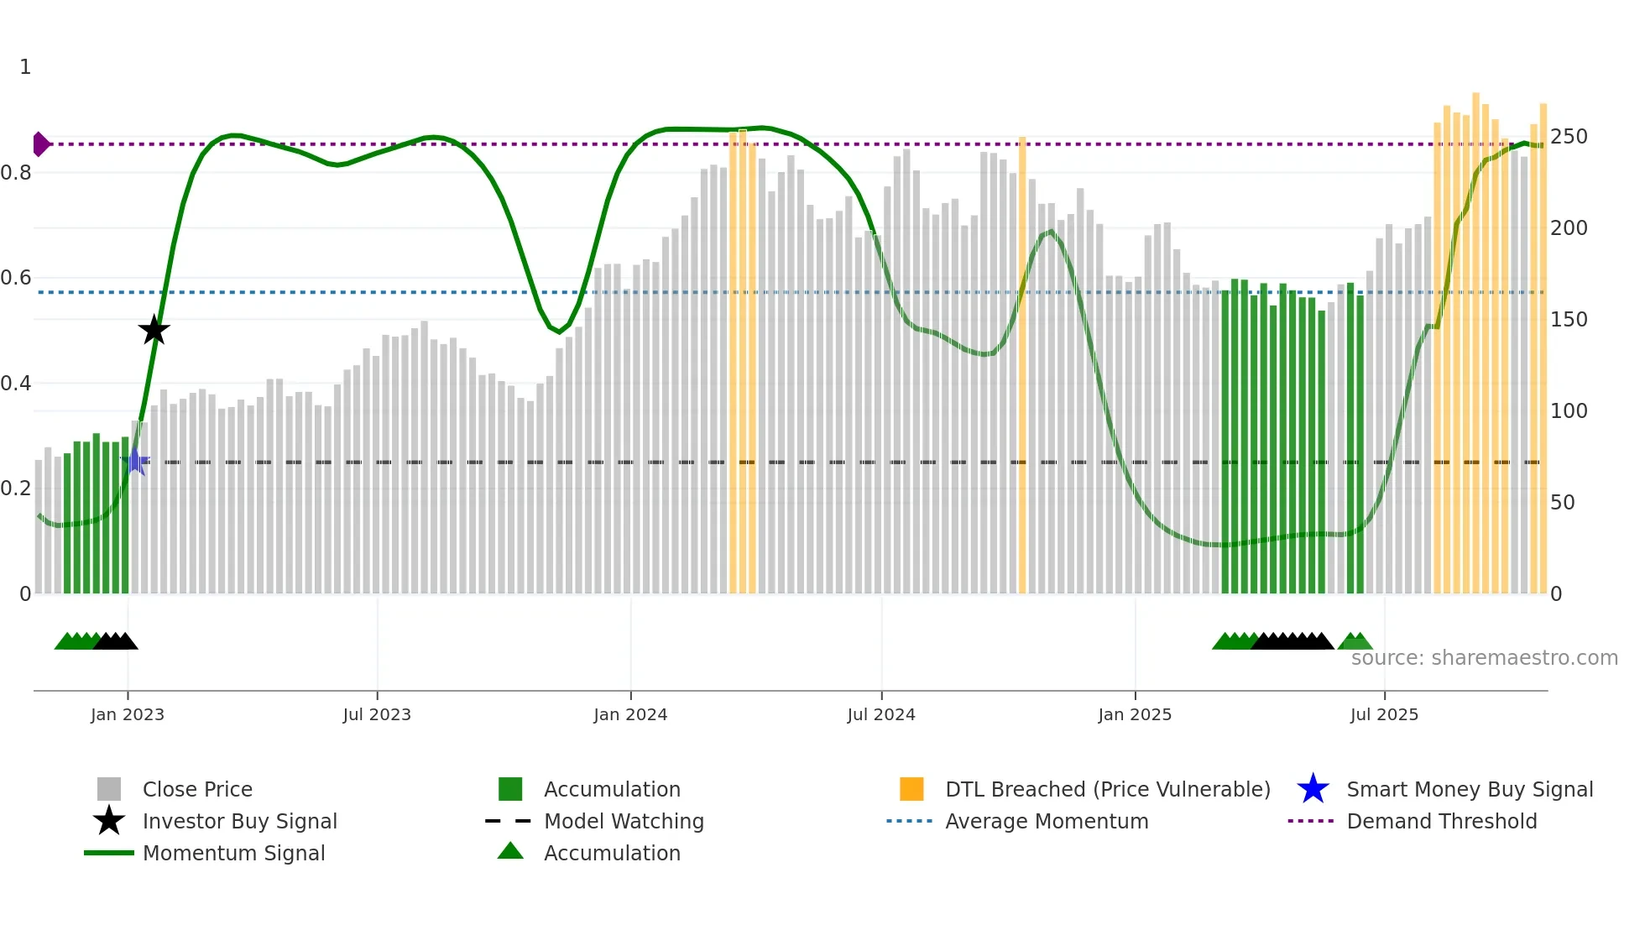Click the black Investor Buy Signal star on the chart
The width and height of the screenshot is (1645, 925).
tap(154, 330)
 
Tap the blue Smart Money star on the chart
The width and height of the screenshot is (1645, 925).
tap(135, 461)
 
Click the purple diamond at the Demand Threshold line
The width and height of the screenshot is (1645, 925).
tap(40, 144)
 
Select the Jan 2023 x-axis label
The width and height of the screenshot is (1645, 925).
tap(128, 715)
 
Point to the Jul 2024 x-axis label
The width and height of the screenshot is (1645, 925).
tap(881, 715)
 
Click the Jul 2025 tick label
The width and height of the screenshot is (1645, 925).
tap(1384, 715)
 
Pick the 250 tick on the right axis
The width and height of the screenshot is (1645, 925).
tap(1569, 137)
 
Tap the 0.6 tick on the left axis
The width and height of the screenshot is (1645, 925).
tap(16, 278)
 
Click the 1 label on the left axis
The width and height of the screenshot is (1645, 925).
tap(25, 67)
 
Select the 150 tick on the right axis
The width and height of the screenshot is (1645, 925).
tap(1569, 320)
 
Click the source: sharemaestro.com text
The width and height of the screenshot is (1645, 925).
tap(1485, 658)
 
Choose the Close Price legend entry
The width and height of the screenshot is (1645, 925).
tap(197, 790)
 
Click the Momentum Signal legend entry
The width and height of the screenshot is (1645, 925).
tap(233, 854)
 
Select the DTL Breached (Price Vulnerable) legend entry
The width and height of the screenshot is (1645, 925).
tap(1107, 790)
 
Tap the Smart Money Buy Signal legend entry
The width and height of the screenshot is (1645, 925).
tap(1470, 790)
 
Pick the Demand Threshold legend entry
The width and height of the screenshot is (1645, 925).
tap(1441, 822)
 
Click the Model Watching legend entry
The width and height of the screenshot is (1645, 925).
tap(624, 822)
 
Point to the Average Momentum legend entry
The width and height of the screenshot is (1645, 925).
tap(1047, 822)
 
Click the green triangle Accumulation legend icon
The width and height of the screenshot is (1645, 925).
tap(510, 852)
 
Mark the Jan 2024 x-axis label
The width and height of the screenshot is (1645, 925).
tap(630, 715)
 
